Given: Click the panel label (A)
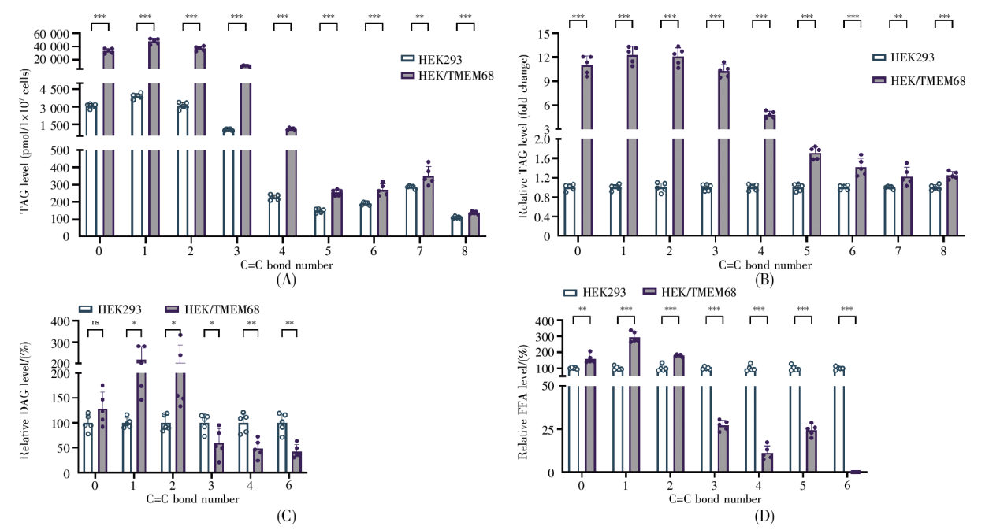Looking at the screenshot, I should (285, 278).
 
